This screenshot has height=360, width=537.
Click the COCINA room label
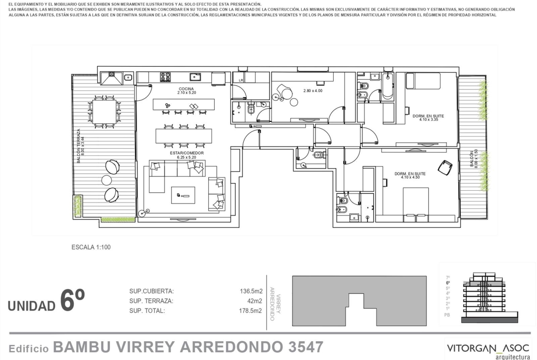point(186,89)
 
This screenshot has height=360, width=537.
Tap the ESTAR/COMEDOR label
point(187,153)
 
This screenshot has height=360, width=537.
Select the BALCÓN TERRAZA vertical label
point(78,146)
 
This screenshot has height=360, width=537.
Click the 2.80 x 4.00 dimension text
point(313,91)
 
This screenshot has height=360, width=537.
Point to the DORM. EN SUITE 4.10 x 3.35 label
point(428,118)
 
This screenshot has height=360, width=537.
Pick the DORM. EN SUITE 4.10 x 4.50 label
point(410,176)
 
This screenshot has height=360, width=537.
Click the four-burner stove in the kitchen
point(165,77)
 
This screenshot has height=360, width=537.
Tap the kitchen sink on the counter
point(195,77)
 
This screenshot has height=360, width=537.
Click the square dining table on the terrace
point(105,112)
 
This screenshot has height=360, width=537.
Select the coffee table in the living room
point(183,195)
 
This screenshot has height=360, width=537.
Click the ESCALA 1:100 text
point(91,247)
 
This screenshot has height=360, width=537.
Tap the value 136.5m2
point(251,291)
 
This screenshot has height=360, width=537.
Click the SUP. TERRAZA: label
point(151,301)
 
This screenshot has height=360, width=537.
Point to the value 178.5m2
point(250,311)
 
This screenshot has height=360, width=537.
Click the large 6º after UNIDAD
point(72,300)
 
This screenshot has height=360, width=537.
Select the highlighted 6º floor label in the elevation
point(448,283)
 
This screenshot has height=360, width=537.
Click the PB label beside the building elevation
point(447,315)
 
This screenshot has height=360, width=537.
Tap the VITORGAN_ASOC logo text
point(488,348)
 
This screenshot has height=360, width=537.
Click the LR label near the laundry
point(241,80)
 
